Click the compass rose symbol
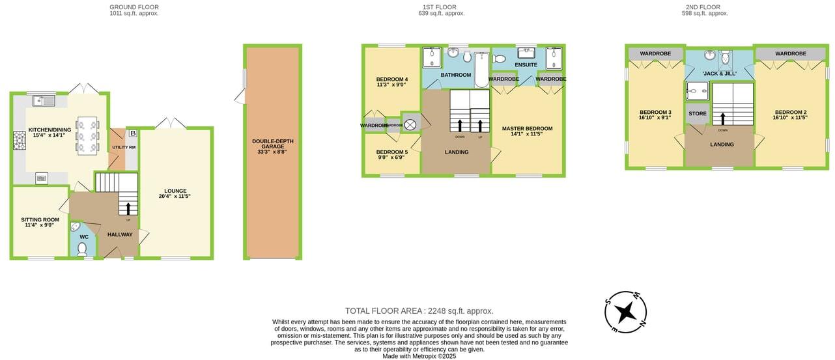[626, 312]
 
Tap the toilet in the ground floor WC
[83, 249]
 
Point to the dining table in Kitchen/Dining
[87, 135]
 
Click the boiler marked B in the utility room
[132, 133]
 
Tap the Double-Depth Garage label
[272, 144]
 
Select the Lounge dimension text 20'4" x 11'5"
[175, 196]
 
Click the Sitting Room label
[40, 219]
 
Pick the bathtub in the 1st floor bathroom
[481, 70]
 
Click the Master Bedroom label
[527, 129]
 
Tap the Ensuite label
[526, 65]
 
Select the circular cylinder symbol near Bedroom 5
[410, 124]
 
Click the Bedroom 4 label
[391, 79]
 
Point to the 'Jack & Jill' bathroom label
[719, 74]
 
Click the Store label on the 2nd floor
[697, 114]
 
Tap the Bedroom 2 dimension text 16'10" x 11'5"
[790, 118]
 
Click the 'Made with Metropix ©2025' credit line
[419, 356]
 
